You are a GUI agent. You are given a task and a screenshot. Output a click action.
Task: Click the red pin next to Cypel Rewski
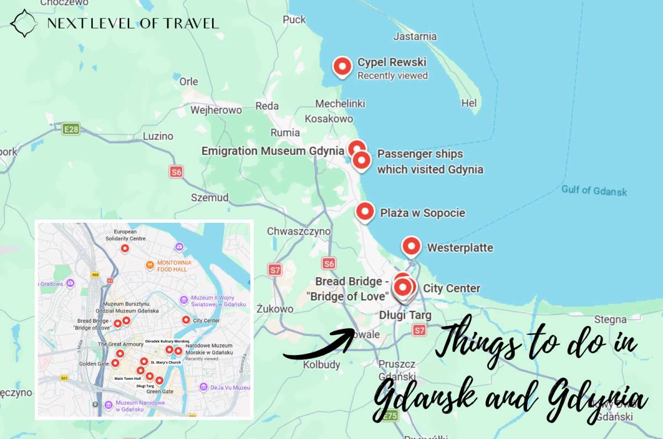343,67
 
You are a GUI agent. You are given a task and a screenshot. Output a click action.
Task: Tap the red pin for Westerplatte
411,246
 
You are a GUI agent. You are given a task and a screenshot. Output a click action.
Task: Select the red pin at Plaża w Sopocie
365,212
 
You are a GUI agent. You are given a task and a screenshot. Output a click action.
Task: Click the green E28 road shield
71,129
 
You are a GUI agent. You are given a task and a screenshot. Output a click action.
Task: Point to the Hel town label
469,103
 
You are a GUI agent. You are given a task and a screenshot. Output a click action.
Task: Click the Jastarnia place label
414,36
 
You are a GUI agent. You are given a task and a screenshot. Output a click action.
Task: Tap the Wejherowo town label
216,110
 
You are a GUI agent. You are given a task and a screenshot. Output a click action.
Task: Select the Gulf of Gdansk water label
594,190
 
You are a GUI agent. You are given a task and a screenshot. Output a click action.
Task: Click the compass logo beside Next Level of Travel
24,23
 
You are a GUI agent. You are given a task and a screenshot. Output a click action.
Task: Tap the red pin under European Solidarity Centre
125,249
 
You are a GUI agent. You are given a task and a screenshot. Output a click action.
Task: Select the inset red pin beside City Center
186,320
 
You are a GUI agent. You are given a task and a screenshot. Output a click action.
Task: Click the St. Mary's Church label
165,363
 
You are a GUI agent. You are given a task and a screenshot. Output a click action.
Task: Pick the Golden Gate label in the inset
94,364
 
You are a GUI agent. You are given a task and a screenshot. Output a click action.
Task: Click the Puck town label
294,19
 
